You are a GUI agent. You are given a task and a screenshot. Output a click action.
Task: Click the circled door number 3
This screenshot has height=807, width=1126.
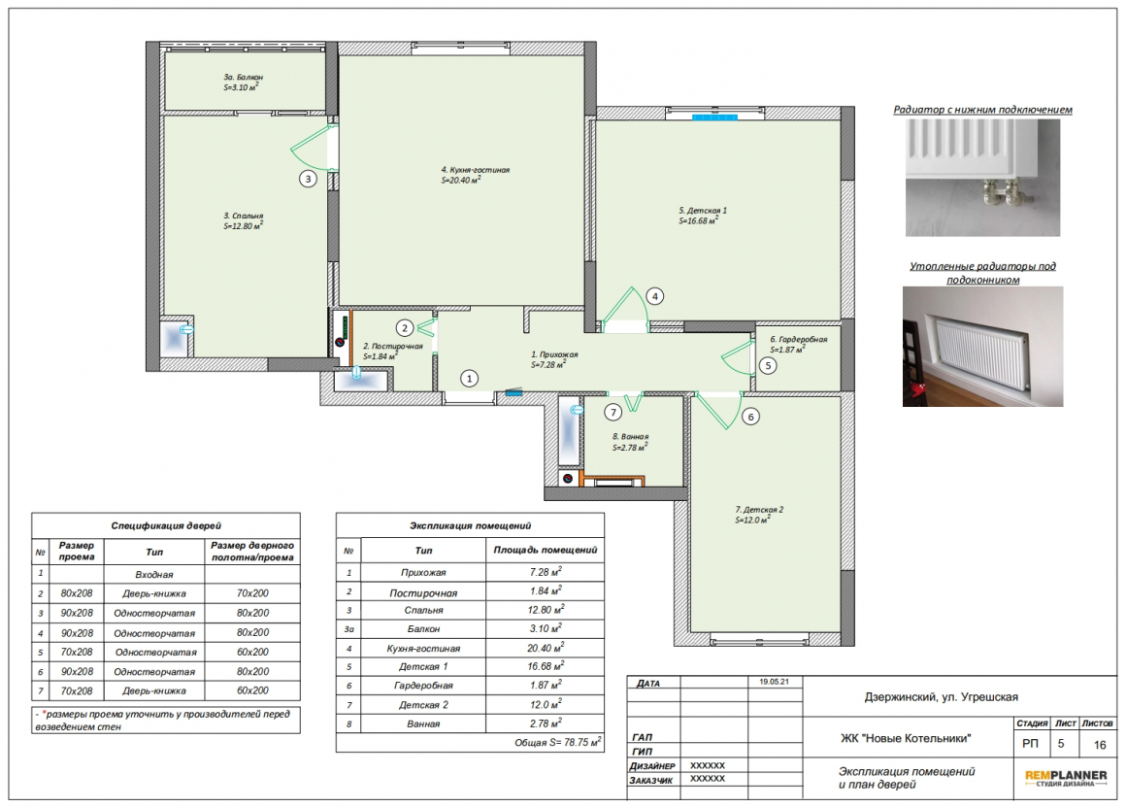coord(308,179)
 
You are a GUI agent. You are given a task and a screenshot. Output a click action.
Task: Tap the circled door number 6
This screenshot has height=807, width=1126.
coord(750,417)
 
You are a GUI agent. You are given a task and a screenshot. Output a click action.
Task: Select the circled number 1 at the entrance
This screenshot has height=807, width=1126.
coord(469,379)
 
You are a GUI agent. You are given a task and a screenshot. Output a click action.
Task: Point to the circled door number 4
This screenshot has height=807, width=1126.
coord(654,296)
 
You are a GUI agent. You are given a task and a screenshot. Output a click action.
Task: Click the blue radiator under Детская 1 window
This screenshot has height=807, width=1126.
coord(714,117)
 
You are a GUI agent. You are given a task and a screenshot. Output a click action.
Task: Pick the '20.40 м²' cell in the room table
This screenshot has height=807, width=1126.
coord(546,648)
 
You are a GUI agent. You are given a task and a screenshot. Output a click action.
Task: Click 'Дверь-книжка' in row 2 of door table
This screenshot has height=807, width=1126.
coord(153,593)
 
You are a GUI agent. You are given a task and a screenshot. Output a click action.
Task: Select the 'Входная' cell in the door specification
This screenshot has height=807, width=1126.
coord(153,574)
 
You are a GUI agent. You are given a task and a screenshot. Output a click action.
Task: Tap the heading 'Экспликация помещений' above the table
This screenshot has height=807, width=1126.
coord(470,526)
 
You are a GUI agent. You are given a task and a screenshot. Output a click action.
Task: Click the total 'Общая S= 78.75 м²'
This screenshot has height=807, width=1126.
coord(557,742)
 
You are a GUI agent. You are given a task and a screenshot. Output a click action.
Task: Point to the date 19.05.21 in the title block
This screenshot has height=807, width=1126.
coord(775,682)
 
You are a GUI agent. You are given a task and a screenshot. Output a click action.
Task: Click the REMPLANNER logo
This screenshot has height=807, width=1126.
coord(1066,778)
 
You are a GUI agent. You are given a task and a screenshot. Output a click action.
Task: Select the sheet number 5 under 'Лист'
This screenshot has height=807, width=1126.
coord(1061,744)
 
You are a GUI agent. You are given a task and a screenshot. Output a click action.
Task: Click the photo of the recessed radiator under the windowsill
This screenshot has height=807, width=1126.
coord(982,347)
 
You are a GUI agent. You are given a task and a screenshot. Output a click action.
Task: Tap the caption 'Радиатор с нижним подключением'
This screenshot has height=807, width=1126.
coord(982,110)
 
